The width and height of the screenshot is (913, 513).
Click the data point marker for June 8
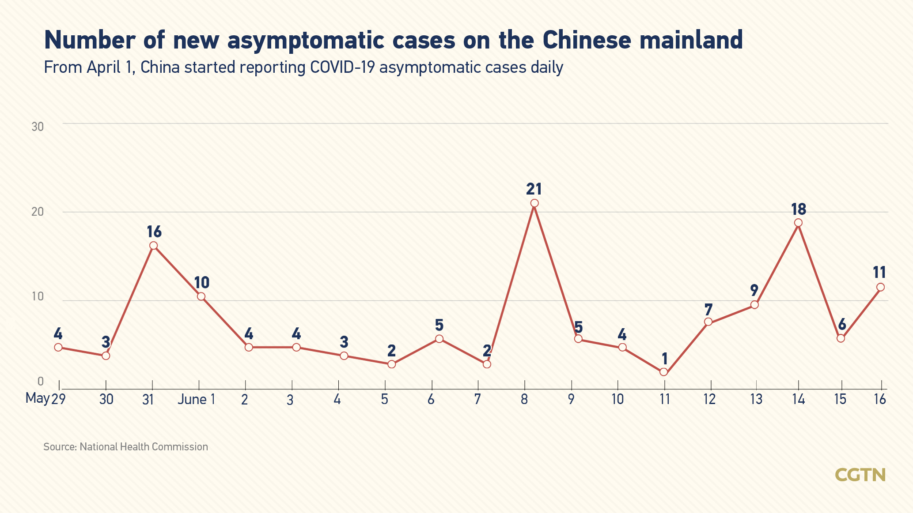pyautogui.click(x=534, y=203)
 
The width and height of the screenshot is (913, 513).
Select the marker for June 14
pyautogui.click(x=798, y=223)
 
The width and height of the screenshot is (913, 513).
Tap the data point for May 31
pyautogui.click(x=153, y=246)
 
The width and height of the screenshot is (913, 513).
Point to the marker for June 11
pyautogui.click(x=663, y=372)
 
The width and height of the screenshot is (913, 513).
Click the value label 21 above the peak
pyautogui.click(x=534, y=189)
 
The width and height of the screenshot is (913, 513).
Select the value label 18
pyautogui.click(x=799, y=209)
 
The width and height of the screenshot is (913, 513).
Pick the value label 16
pyautogui.click(x=154, y=232)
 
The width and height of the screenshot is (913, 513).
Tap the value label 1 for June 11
pyautogui.click(x=664, y=358)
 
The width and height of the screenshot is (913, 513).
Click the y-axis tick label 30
pyautogui.click(x=38, y=127)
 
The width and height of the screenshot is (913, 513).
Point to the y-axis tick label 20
pyautogui.click(x=38, y=212)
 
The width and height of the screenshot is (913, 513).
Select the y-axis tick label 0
pyautogui.click(x=40, y=381)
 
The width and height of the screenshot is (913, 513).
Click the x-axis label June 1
pyautogui.click(x=197, y=400)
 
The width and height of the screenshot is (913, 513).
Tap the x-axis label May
pyautogui.click(x=37, y=398)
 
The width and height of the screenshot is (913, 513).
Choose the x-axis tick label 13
pyautogui.click(x=756, y=400)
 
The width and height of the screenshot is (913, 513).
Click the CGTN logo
pyautogui.click(x=860, y=475)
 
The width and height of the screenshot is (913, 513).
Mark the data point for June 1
pyautogui.click(x=201, y=296)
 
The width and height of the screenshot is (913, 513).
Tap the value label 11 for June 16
pyautogui.click(x=880, y=273)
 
